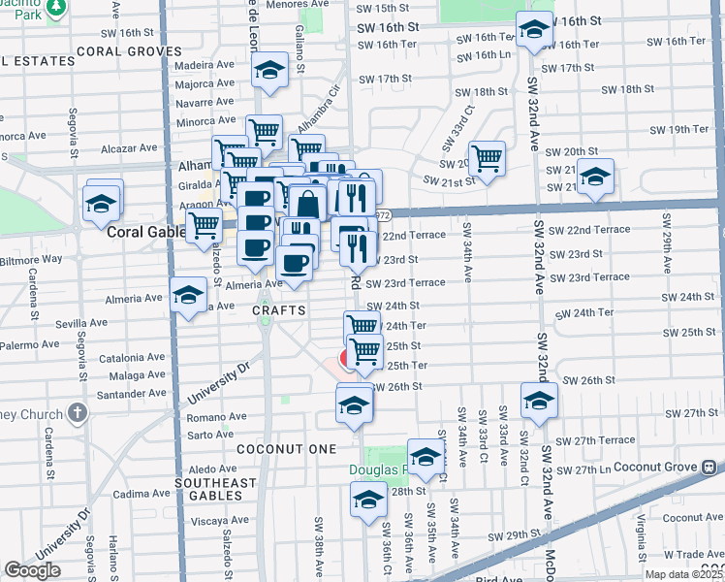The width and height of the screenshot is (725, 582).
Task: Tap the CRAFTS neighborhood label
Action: point(280,310)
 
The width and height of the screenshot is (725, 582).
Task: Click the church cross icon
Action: point(78,413)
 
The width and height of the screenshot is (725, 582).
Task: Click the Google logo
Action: point(32,570)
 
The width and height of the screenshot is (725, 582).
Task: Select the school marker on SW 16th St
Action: point(533,31)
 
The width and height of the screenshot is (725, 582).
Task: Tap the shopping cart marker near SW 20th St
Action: point(488,157)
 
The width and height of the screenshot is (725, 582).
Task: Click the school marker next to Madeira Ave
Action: point(270,70)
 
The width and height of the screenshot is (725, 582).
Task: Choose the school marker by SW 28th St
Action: point(367,501)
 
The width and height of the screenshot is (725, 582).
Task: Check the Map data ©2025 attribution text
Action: point(684,574)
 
